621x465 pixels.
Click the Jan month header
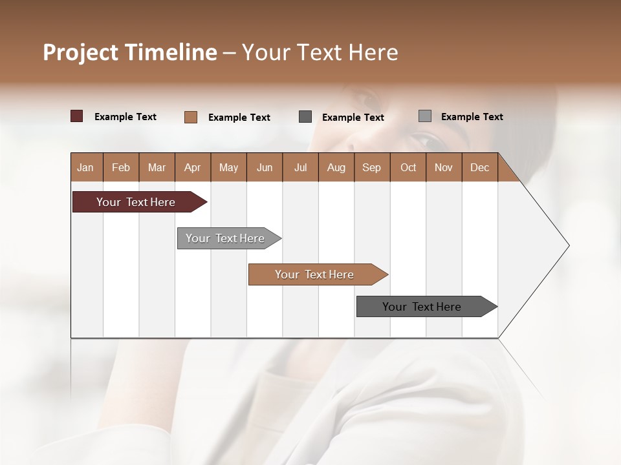[85, 167]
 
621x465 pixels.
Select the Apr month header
[192, 167]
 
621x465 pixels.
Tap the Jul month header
[300, 167]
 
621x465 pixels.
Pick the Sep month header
[371, 167]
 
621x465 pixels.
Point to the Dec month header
[479, 167]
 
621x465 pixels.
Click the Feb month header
[121, 167]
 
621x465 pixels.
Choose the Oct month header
[408, 167]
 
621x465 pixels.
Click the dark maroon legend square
[77, 116]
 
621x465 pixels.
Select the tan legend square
[191, 117]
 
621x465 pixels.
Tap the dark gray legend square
[305, 116]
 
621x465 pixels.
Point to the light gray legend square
[425, 116]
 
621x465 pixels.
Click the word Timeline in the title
[170, 52]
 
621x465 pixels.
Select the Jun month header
[265, 167]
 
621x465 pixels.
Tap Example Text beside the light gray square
[472, 117]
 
